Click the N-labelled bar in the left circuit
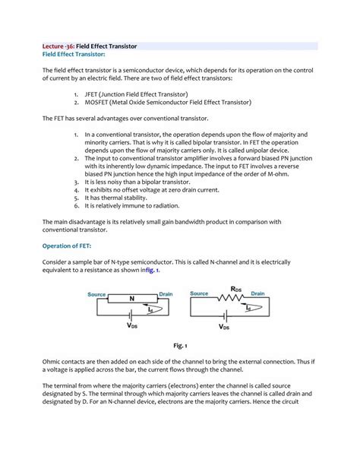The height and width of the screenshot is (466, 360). tap(131, 300)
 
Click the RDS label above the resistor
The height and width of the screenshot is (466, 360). tap(235, 289)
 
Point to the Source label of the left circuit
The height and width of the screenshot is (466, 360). tap(96, 293)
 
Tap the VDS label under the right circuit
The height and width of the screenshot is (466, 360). tap(225, 327)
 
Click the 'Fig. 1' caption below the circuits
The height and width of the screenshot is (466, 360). tap(179, 345)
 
